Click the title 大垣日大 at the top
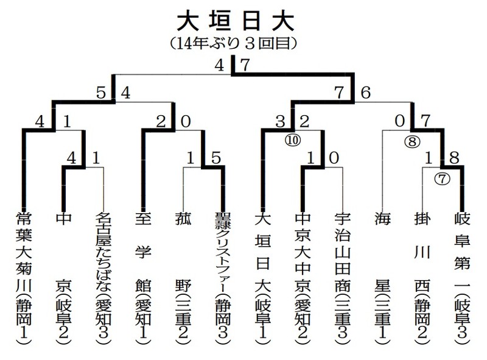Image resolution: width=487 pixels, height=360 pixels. click(236, 22)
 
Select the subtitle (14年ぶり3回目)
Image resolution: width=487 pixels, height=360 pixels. click(234, 43)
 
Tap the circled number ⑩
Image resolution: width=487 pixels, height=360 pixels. click(293, 140)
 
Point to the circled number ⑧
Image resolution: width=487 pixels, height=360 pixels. click(412, 142)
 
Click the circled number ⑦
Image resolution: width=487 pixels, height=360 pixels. click(442, 178)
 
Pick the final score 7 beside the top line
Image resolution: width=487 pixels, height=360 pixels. click(245, 65)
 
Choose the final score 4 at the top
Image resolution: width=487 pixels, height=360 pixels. click(219, 65)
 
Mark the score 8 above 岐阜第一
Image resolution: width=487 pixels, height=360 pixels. click(454, 158)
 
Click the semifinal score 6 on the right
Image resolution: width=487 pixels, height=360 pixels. click(366, 93)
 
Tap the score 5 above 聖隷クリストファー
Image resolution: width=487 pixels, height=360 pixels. click(216, 158)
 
